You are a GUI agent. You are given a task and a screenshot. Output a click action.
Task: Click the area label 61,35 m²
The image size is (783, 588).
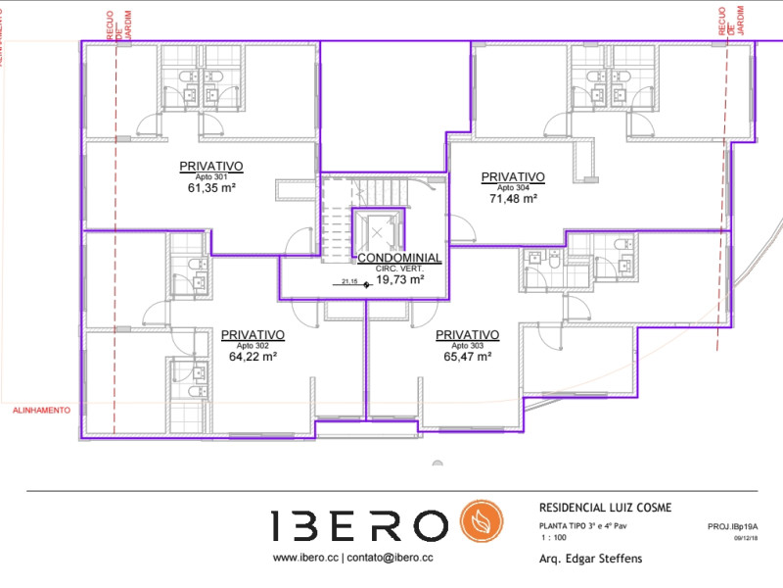(x=211, y=189)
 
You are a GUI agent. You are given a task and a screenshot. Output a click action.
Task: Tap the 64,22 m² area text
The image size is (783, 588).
(x=253, y=358)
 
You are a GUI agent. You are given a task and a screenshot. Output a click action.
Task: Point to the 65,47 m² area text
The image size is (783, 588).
(x=467, y=358)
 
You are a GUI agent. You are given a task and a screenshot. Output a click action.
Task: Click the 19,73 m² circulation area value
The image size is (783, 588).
(x=399, y=279)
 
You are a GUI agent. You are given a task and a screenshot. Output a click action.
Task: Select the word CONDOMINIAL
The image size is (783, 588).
(x=398, y=258)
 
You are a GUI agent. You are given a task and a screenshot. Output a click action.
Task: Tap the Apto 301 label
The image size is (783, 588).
(x=211, y=177)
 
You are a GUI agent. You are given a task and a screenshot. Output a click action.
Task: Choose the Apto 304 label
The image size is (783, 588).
(x=513, y=187)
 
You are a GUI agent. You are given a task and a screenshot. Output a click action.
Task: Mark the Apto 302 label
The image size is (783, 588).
(x=253, y=346)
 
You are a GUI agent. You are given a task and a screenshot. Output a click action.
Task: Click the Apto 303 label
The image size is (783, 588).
(x=467, y=346)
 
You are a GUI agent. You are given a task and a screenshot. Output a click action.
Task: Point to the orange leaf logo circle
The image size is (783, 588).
(x=482, y=525)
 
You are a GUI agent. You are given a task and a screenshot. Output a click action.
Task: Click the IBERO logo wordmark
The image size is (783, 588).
(x=359, y=525)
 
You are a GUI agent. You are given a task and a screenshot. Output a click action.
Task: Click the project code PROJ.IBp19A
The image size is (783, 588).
(x=732, y=527)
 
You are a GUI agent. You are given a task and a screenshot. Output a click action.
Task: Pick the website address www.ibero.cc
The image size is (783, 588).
(x=304, y=558)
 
